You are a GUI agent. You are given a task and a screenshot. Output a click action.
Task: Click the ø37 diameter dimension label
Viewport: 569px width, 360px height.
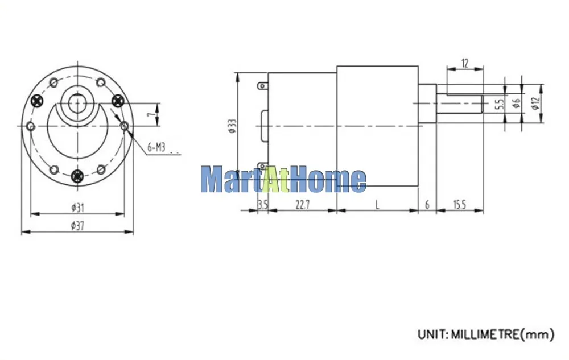point(77,226)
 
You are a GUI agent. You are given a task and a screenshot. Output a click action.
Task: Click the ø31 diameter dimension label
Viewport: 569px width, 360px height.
point(77,208)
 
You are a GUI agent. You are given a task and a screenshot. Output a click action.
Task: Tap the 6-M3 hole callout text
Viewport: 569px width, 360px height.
point(156,147)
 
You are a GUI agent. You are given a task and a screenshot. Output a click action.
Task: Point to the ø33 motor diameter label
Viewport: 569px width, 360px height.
point(232,126)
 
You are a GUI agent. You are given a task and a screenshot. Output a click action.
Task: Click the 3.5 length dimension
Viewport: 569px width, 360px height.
point(263,205)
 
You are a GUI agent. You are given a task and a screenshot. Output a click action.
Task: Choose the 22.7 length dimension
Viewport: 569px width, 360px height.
point(303,205)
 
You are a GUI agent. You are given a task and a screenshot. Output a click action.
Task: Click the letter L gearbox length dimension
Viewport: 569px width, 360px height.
point(377,205)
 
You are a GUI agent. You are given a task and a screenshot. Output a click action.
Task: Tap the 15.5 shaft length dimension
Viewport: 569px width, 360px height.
point(459,205)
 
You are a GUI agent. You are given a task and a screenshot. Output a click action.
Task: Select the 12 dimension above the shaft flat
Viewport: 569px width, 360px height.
point(465,64)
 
